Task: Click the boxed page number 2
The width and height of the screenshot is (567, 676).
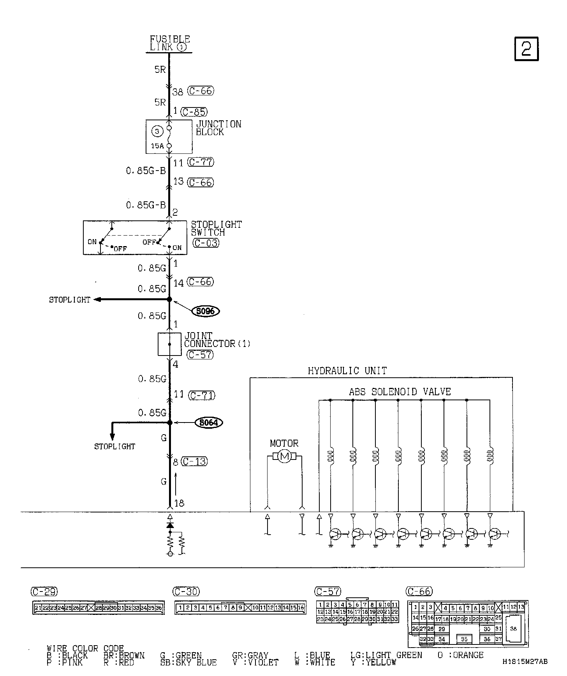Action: [x=526, y=49]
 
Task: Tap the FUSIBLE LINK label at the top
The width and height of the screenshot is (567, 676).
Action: [x=170, y=43]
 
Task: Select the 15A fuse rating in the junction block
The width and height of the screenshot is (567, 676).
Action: [x=157, y=146]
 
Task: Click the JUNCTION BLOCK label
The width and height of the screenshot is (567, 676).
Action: [x=218, y=128]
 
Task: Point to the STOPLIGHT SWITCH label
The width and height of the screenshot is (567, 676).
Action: [x=216, y=229]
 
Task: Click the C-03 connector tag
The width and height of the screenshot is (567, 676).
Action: [x=206, y=243]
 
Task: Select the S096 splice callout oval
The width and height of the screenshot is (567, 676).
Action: [x=206, y=311]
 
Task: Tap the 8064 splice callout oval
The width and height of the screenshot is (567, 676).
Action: [x=208, y=422]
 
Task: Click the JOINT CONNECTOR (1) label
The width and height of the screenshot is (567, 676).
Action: [x=217, y=340]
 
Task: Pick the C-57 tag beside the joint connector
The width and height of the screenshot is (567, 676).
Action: [x=200, y=355]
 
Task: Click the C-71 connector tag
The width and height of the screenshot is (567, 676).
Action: [x=202, y=395]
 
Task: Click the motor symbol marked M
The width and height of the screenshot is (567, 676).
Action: [x=284, y=456]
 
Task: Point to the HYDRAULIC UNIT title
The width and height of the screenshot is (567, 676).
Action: [x=347, y=371]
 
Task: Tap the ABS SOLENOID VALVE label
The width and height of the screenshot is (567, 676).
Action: [x=400, y=392]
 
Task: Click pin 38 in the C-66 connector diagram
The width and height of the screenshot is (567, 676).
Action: [x=513, y=629]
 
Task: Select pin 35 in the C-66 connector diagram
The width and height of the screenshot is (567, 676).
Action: [x=464, y=639]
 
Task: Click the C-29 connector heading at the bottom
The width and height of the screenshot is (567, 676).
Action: [x=44, y=592]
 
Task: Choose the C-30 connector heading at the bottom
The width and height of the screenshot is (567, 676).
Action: [x=186, y=592]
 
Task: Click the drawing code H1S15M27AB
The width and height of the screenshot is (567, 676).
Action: [x=525, y=662]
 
